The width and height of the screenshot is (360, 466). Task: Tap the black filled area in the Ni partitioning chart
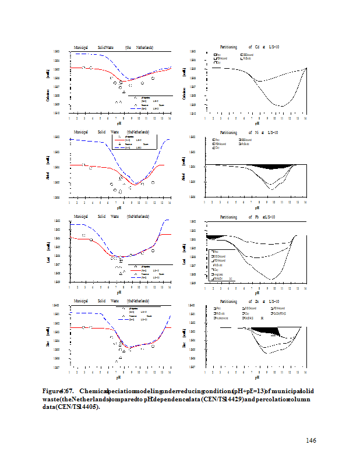pos(271,167)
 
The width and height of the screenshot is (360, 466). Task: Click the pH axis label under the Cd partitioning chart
pos(256,123)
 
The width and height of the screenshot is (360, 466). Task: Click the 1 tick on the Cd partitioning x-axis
pos(204,118)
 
